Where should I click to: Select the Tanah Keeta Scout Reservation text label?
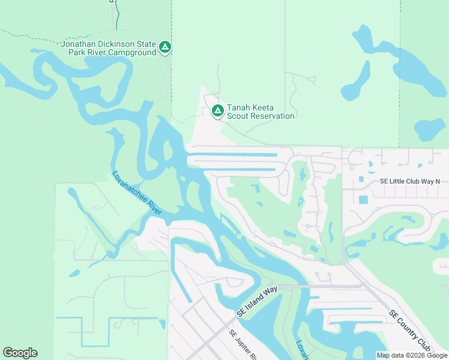pos(261,112)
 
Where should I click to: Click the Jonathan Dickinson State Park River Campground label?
pos(108,48)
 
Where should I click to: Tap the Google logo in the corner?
pos(20,353)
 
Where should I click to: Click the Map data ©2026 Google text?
pos(412,355)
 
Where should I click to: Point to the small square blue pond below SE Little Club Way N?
pos(363,199)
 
